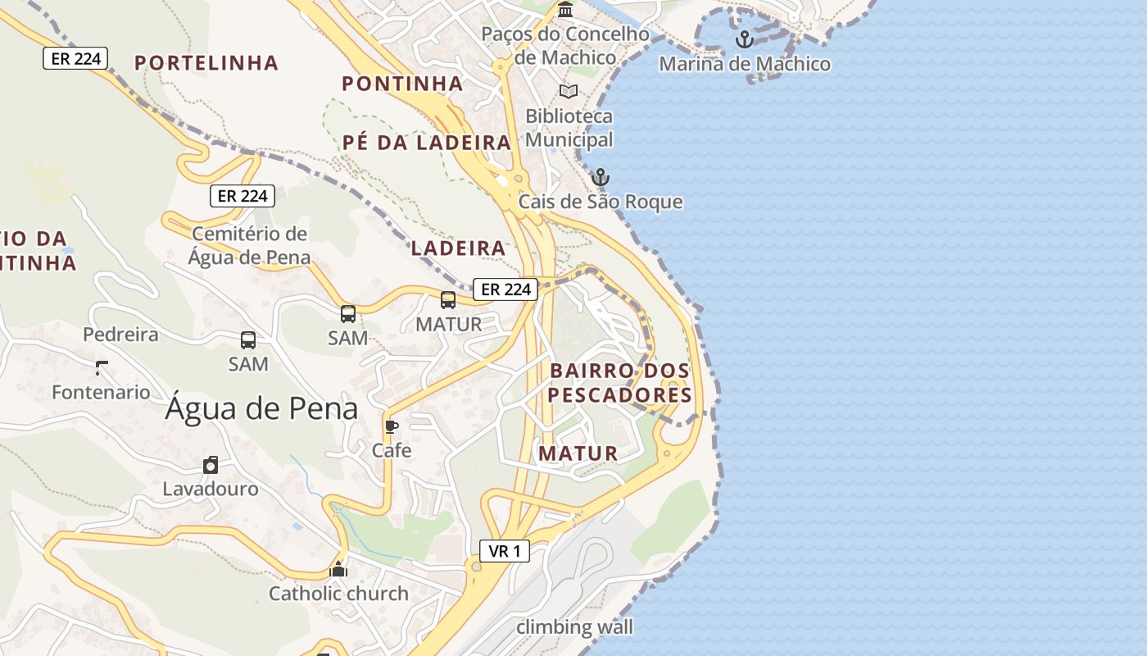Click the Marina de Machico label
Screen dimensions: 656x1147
744,64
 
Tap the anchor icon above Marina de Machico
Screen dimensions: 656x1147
744,39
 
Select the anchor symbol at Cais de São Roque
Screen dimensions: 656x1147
601,177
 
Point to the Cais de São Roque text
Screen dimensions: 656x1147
601,202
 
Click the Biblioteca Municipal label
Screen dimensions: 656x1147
569,128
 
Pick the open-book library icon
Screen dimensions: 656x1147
569,91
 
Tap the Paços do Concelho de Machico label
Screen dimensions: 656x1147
565,46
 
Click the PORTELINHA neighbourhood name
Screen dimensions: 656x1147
206,63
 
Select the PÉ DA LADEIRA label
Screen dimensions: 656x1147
427,143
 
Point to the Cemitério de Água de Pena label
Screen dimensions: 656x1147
249,245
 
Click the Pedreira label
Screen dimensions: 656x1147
120,335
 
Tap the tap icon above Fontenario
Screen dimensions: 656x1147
102,367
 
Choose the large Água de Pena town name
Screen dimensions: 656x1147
261,408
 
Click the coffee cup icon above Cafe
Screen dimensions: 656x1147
392,426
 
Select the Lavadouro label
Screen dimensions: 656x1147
211,489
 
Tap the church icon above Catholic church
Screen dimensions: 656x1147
338,569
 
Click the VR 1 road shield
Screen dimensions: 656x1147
505,551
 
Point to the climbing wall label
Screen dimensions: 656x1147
574,627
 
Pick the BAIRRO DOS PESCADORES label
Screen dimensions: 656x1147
620,383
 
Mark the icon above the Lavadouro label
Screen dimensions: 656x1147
211,465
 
